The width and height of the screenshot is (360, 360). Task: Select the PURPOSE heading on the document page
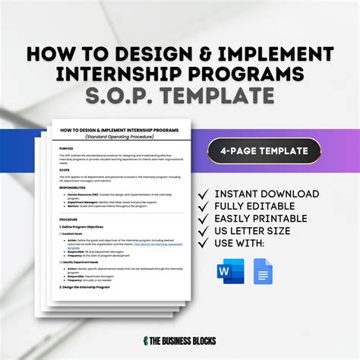(66, 148)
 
